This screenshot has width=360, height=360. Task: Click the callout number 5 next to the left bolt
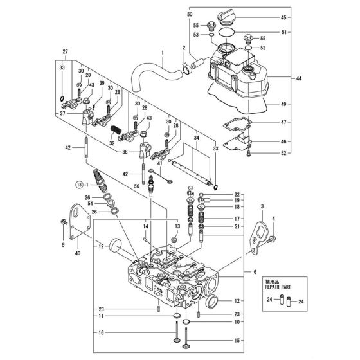point(64,245)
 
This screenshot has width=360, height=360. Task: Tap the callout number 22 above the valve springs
point(237,194)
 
